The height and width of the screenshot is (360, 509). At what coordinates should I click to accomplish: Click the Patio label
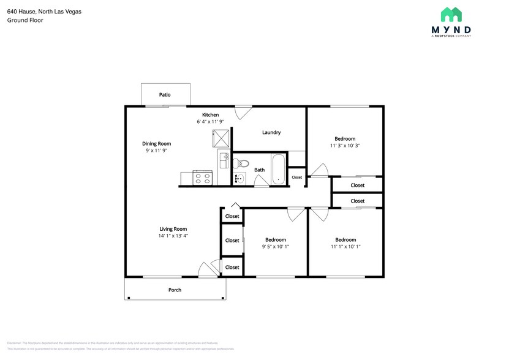(x=165, y=95)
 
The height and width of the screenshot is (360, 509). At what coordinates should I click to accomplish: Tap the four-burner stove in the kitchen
(x=202, y=178)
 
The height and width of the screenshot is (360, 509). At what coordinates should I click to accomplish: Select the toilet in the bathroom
(x=243, y=163)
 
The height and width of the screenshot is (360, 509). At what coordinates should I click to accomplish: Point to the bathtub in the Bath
(x=278, y=169)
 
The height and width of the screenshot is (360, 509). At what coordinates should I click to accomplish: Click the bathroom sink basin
(x=238, y=179)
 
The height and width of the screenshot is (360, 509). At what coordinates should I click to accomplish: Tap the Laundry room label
(x=271, y=132)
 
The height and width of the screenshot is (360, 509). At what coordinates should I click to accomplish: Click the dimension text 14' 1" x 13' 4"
(x=173, y=236)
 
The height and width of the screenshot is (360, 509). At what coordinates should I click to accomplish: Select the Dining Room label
(x=156, y=143)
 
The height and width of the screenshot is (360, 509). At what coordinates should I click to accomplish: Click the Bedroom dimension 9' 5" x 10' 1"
(x=276, y=247)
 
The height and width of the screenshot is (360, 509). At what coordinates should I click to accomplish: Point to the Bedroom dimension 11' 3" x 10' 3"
(x=344, y=146)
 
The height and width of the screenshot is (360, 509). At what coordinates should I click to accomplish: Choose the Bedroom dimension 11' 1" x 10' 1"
(x=345, y=247)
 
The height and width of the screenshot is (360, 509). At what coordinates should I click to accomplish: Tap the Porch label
(x=175, y=290)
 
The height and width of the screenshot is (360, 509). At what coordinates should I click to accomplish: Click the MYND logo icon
(x=451, y=15)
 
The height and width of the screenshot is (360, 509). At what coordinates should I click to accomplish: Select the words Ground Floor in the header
(x=25, y=20)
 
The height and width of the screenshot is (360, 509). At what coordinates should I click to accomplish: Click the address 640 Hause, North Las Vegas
(x=44, y=12)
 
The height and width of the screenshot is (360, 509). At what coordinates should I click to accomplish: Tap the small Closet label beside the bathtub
(x=296, y=178)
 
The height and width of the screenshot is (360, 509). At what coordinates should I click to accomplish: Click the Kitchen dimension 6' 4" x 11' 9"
(x=210, y=122)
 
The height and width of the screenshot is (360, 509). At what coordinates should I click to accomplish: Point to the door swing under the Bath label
(x=260, y=180)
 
